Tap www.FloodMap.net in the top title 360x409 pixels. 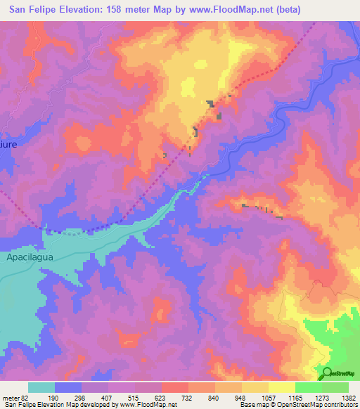[219, 10]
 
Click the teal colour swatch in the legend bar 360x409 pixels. [41, 387]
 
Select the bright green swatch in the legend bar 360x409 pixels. [309, 387]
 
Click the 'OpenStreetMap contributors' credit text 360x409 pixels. [321, 405]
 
